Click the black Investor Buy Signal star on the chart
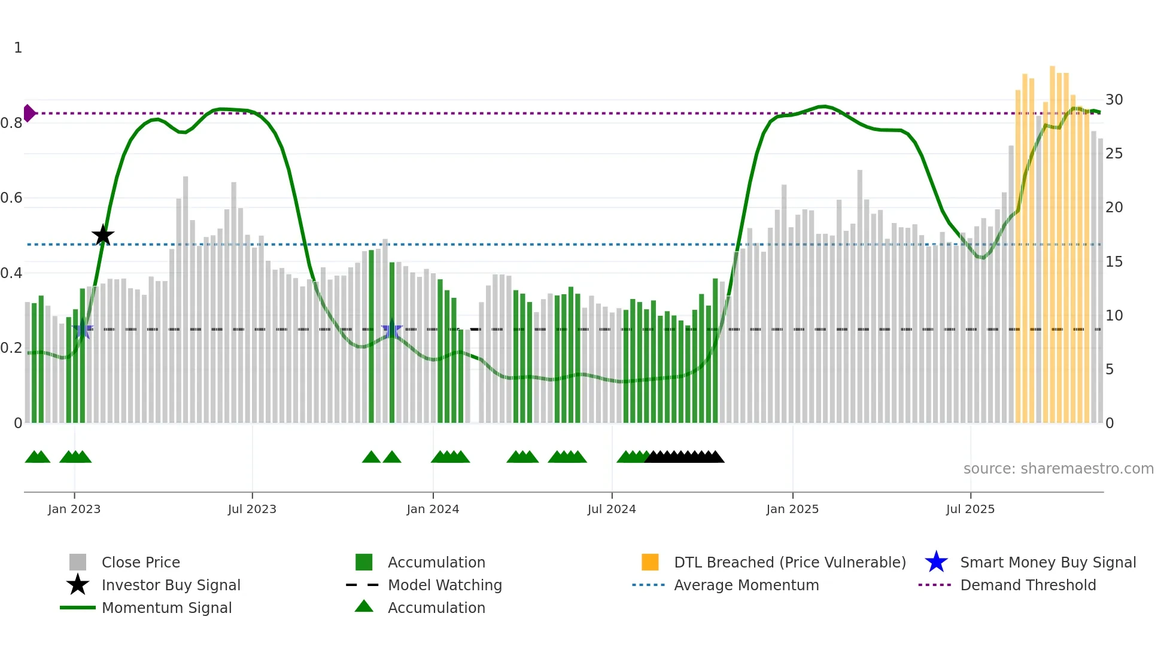[103, 235]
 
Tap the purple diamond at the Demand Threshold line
[29, 113]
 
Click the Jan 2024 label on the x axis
[433, 509]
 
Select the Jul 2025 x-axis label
[970, 509]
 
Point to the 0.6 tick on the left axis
[12, 198]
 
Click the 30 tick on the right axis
[1114, 100]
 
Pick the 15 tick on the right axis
[1114, 262]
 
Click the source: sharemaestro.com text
[1058, 469]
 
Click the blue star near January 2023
[83, 329]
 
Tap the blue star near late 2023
[392, 329]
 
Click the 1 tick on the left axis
[18, 48]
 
